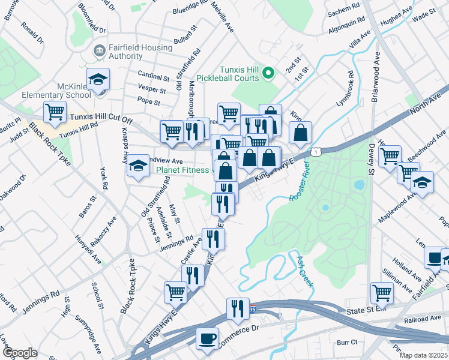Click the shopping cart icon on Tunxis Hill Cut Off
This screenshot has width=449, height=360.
pos(55,112)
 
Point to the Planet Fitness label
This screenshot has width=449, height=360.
pos(183,170)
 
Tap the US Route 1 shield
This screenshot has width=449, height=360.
pos(314,151)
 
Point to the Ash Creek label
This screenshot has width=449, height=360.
pos(304,271)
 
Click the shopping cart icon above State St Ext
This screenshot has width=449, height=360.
pos(381,292)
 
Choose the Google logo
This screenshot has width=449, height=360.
pos(20,353)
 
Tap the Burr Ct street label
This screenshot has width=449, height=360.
pos(347,342)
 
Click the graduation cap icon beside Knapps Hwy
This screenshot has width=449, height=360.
pos(138,166)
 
